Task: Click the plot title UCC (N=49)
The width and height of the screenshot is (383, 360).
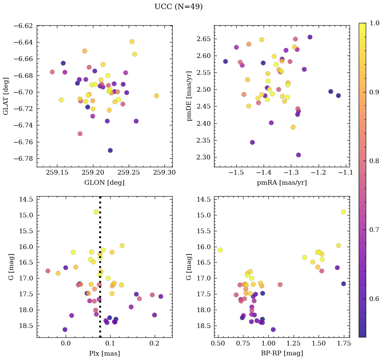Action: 178,7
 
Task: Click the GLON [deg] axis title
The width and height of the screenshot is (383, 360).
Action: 104,183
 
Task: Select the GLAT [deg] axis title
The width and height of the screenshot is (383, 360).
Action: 6,96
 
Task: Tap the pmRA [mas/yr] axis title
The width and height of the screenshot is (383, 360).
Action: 282,183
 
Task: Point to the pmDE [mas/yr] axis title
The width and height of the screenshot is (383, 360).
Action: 189,96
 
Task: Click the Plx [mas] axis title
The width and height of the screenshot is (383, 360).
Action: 104,353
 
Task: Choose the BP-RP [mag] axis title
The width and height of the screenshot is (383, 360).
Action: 282,353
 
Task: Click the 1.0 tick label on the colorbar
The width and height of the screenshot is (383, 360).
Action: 373,24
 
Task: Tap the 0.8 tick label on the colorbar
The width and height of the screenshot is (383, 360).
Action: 373,161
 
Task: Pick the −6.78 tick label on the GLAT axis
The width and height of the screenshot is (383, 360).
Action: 23,159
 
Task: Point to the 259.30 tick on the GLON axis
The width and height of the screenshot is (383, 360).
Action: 165,173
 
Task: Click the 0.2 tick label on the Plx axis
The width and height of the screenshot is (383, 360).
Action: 154,343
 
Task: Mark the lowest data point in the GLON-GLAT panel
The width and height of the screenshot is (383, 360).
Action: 110,150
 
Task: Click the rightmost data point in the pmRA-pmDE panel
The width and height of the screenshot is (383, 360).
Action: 338,95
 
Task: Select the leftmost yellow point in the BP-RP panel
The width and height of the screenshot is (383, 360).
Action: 220,250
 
